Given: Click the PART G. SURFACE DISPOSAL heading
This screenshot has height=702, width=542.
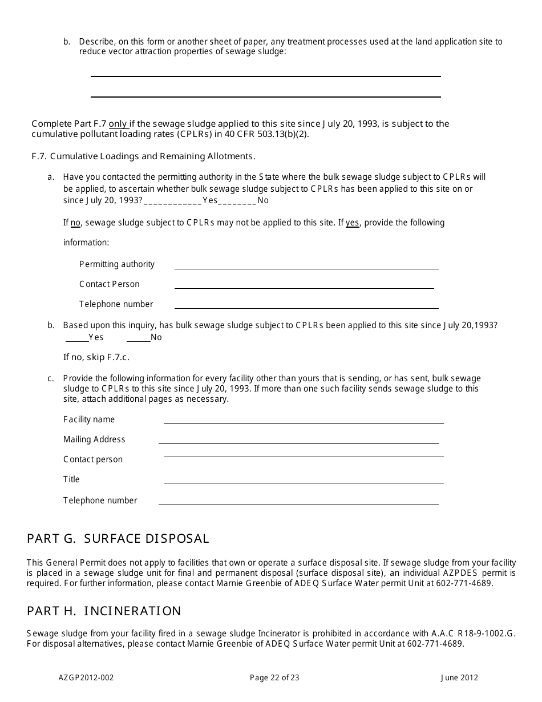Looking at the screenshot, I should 118,538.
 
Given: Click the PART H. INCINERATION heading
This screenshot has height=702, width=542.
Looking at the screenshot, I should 104,611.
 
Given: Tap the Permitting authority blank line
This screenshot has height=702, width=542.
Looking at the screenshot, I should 306,265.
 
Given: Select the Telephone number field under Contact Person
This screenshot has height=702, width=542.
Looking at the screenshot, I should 306,305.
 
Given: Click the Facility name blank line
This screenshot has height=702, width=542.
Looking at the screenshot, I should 304,420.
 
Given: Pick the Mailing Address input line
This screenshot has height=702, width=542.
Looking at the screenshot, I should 298,440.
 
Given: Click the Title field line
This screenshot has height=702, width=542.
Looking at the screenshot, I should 304,480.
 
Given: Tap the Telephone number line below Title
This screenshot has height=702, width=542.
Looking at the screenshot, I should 298,501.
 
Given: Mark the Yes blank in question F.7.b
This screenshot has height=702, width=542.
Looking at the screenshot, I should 77,338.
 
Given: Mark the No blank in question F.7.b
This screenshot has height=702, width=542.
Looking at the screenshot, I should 138,338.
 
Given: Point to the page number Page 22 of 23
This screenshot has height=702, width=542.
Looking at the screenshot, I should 274,678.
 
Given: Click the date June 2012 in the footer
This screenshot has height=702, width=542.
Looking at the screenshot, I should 459,678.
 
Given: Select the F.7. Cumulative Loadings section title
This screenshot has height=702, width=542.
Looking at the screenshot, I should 144,156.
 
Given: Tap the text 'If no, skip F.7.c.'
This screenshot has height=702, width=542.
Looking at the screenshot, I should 96,357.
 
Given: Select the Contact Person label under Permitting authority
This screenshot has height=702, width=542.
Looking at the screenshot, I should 110,284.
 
